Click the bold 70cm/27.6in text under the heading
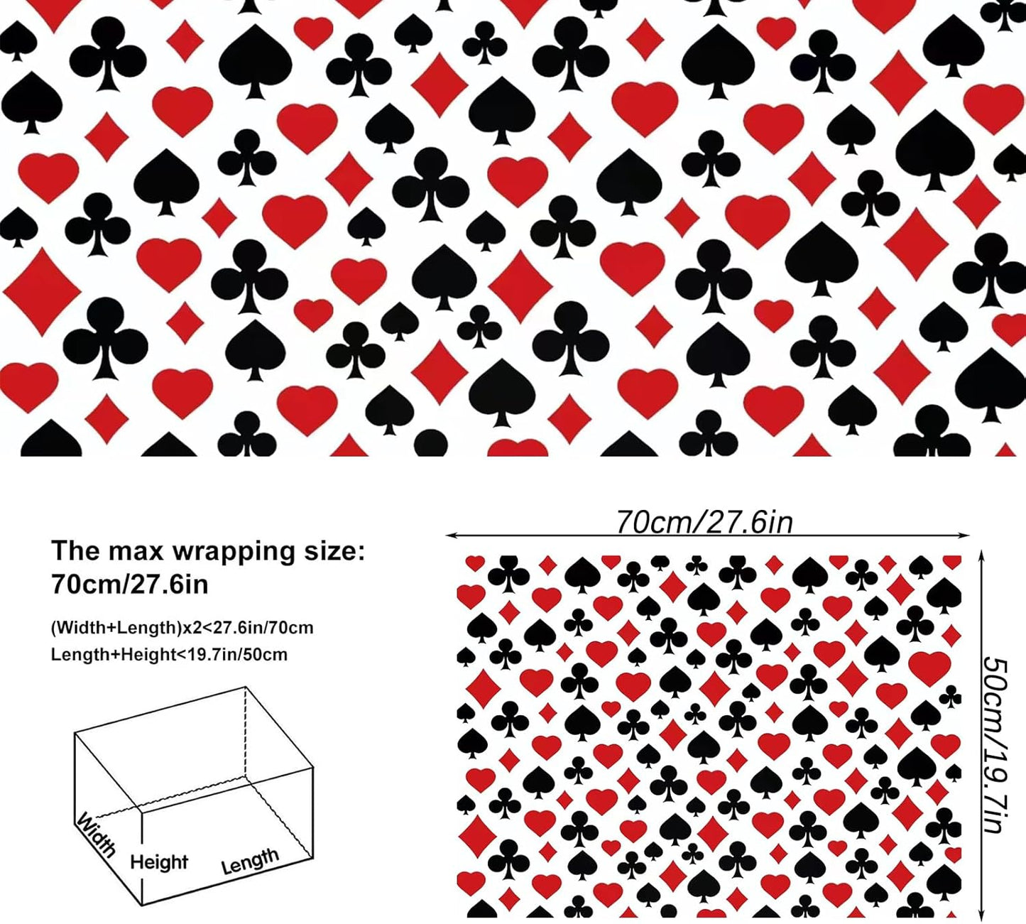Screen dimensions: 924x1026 (x=130, y=584)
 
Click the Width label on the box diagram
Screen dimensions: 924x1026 (x=95, y=835)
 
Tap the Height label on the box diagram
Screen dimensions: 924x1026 (x=159, y=862)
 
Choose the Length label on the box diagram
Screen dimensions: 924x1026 (x=249, y=860)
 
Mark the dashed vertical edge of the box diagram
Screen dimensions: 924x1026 (x=246, y=739)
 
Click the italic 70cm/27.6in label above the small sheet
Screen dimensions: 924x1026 (x=704, y=522)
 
